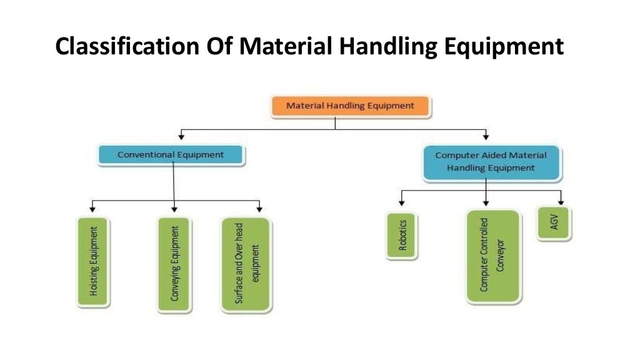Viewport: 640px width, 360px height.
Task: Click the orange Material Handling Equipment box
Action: point(350,106)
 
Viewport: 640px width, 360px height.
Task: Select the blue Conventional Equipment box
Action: point(171,154)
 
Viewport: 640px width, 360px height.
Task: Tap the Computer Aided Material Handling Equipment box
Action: point(491,161)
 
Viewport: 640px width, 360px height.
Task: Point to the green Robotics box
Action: point(402,235)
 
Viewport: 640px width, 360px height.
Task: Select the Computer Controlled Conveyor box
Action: point(492,256)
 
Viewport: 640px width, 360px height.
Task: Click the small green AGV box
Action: point(554,222)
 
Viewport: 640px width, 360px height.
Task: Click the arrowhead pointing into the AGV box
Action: point(561,202)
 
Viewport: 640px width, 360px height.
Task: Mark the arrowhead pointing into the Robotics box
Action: point(402,203)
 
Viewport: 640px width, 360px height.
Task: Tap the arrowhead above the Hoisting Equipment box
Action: point(93,208)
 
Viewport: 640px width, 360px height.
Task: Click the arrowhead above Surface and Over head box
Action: point(259,208)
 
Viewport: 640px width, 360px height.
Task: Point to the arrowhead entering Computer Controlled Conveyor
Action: point(486,203)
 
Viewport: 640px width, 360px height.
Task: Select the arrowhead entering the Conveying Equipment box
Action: point(174,208)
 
